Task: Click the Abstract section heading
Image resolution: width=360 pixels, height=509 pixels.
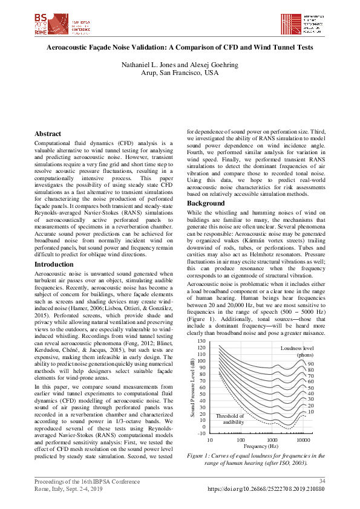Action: tap(48, 134)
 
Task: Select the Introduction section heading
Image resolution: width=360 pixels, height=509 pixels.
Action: tap(54, 264)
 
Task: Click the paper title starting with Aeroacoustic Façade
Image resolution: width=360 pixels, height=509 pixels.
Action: tap(180, 46)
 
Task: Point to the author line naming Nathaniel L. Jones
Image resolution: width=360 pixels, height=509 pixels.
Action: tap(180, 64)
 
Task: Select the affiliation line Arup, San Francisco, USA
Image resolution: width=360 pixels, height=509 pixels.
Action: tap(180, 73)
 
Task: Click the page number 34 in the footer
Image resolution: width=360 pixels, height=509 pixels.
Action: tap(322, 481)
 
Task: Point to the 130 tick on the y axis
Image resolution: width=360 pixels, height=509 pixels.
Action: tap(201, 342)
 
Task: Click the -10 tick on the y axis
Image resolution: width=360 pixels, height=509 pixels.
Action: tap(201, 433)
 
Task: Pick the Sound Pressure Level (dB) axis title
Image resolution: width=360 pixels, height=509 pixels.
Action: tap(193, 387)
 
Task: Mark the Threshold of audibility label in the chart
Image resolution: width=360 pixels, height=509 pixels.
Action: tap(230, 419)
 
